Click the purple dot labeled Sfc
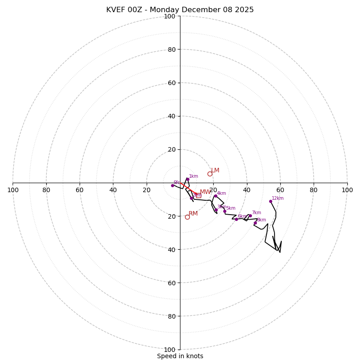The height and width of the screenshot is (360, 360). (172, 185)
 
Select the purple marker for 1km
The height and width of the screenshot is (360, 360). (188, 179)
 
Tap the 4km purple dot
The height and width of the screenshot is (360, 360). (216, 196)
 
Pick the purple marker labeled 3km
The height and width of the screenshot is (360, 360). (216, 210)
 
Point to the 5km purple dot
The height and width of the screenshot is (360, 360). (225, 211)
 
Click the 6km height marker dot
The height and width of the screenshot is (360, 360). (236, 219)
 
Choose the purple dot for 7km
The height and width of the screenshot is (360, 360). (250, 216)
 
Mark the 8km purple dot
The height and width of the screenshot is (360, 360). (255, 223)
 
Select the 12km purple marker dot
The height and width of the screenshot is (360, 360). (270, 201)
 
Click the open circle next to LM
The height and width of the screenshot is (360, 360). (210, 174)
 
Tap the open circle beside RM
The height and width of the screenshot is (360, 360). (187, 217)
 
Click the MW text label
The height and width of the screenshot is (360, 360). (205, 192)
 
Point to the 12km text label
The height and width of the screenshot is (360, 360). (278, 198)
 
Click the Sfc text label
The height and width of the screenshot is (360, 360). (176, 182)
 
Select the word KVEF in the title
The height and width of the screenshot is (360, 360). (115, 10)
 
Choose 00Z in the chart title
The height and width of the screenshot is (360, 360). (136, 10)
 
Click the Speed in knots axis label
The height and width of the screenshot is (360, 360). (180, 356)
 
